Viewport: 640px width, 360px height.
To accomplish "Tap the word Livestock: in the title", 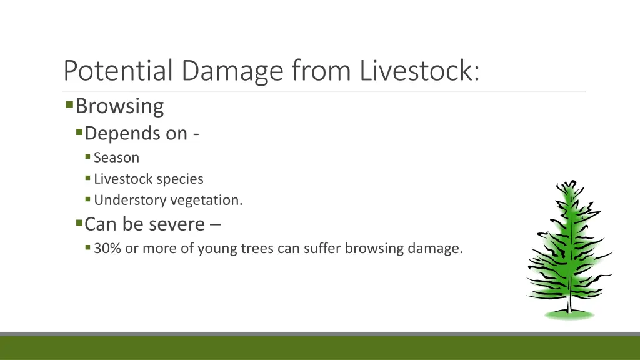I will [420, 71].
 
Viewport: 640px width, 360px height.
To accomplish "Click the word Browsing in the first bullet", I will [119, 106].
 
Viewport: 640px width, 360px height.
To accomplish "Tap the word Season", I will [116, 157].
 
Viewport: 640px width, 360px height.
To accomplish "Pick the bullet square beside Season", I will [88, 157].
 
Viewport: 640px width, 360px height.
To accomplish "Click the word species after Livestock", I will [180, 179].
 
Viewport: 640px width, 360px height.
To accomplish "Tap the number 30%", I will [107, 249].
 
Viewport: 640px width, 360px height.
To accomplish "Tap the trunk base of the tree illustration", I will [569, 309].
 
